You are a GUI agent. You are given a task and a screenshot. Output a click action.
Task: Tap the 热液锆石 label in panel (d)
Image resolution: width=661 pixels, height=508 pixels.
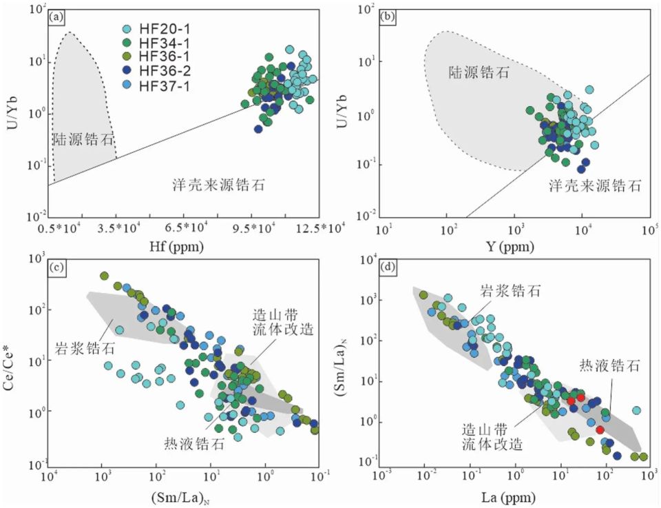pyautogui.click(x=610, y=365)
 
